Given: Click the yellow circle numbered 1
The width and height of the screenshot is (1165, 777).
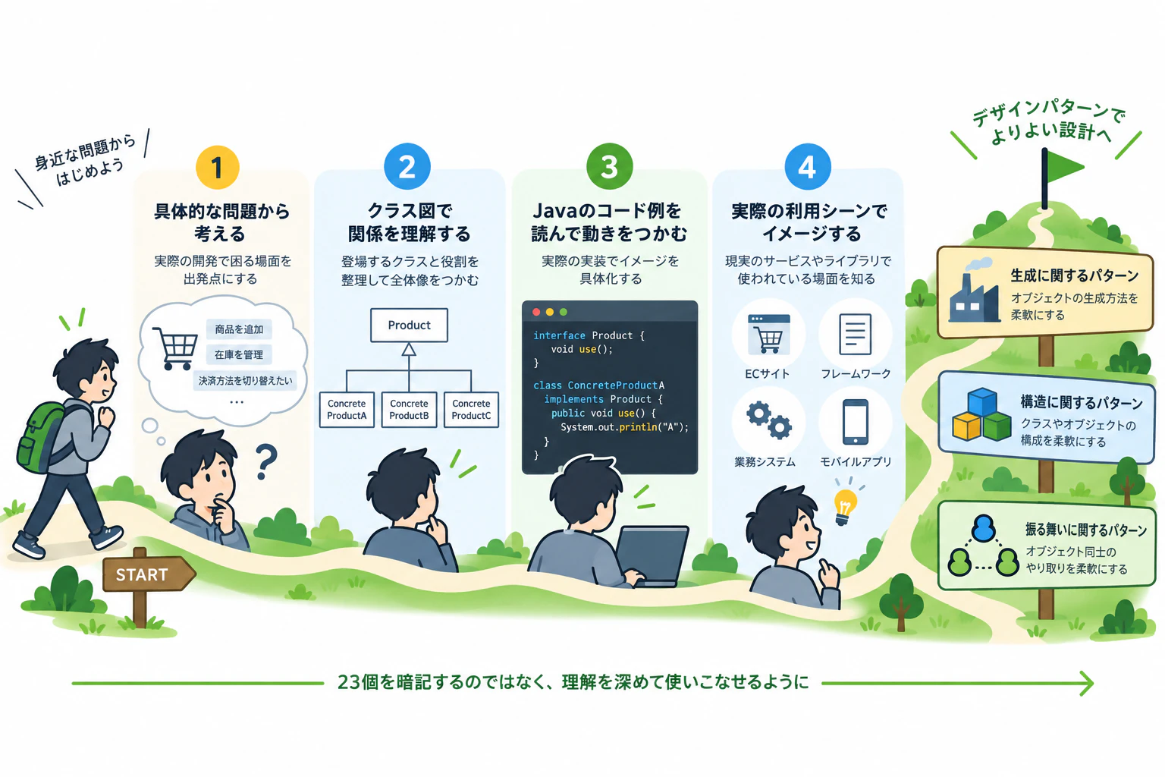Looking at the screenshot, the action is pos(218,167).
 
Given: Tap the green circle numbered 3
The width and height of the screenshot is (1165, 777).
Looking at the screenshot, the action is pos(609,166).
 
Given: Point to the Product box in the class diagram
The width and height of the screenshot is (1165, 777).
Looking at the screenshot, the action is pos(409,326).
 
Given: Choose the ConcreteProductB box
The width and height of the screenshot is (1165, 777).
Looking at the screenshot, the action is pos(409,410).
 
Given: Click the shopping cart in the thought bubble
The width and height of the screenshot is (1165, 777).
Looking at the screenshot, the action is pos(175,348).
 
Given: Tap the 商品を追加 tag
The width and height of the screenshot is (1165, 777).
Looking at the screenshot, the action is pos(239,329).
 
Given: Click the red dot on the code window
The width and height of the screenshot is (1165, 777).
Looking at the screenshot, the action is pos(536,312).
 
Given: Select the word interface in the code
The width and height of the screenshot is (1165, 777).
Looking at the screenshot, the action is pos(559,335).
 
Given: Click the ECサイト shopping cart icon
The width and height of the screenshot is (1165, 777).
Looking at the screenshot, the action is pos(768,334).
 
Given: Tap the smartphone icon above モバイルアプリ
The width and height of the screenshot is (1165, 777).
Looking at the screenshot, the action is pos(856,422).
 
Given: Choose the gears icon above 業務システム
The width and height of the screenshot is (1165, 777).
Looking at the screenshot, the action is pos(769,420).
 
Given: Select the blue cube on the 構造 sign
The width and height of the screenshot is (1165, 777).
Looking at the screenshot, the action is pos(982,401).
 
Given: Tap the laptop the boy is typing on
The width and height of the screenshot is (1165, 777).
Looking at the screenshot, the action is pos(652,555).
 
